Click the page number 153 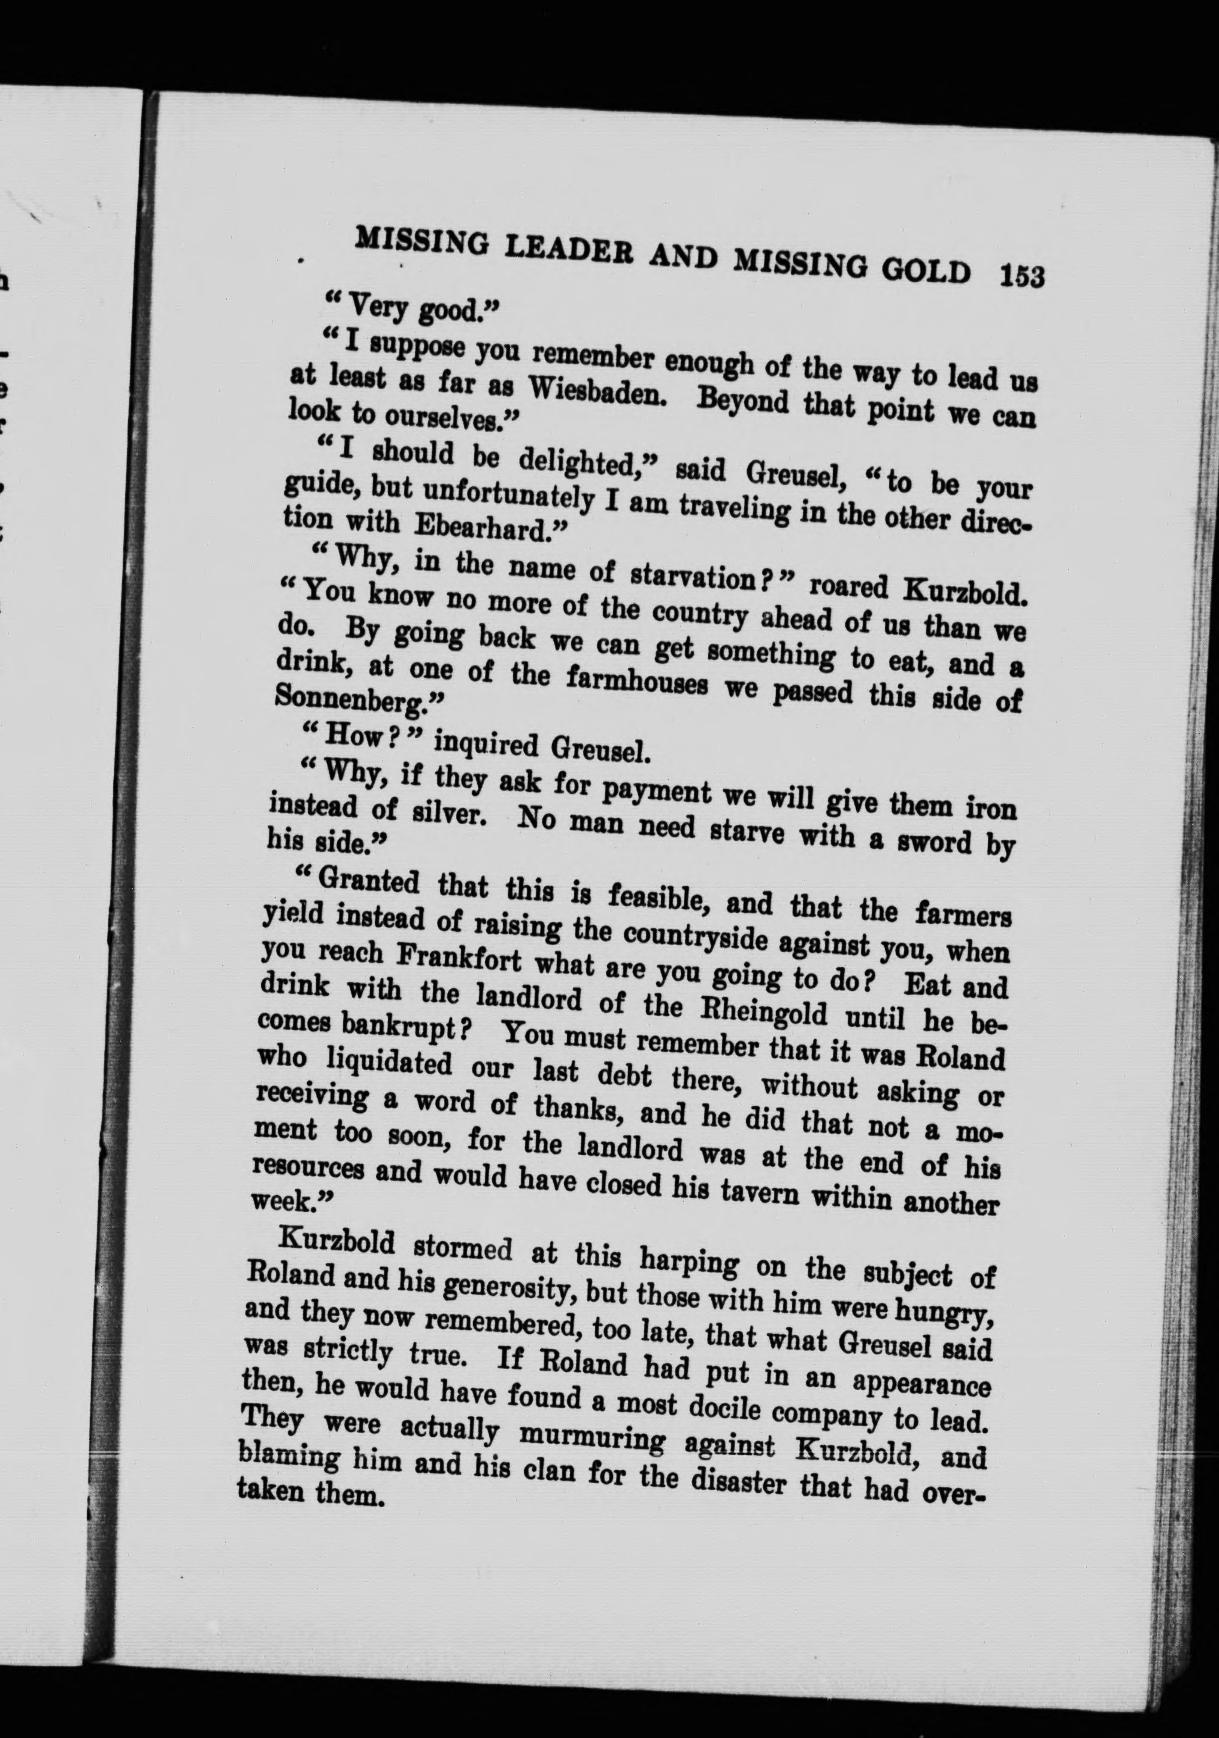[x=1021, y=275]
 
